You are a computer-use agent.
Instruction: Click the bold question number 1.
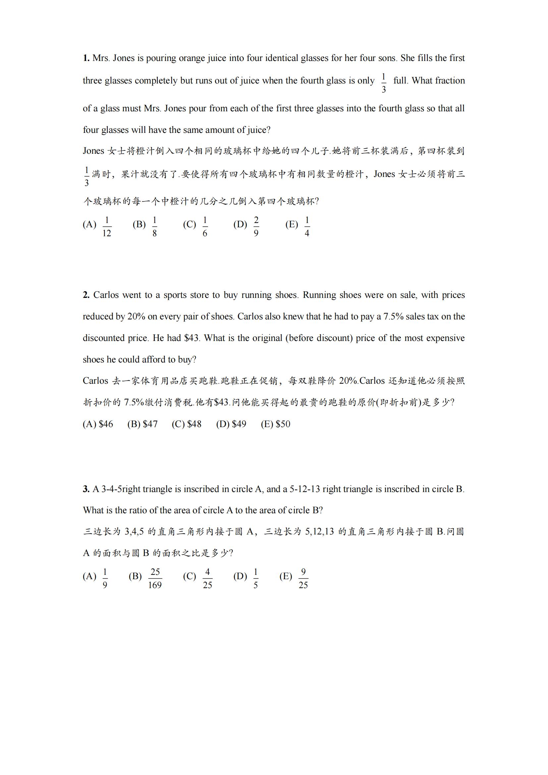pyautogui.click(x=86, y=58)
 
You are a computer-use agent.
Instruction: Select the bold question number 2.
pyautogui.click(x=86, y=295)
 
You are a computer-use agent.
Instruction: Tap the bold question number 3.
pyautogui.click(x=86, y=489)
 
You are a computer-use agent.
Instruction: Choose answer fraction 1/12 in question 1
pyautogui.click(x=107, y=227)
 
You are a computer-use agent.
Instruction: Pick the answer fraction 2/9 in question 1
pyautogui.click(x=256, y=227)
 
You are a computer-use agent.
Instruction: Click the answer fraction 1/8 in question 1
pyautogui.click(x=154, y=227)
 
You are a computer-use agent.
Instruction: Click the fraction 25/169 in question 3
pyautogui.click(x=155, y=578)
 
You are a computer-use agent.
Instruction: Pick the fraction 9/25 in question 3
pyautogui.click(x=303, y=578)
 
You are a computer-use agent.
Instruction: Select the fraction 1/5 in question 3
pyautogui.click(x=255, y=578)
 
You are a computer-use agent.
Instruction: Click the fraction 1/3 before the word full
pyautogui.click(x=383, y=83)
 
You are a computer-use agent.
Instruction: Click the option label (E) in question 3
pyautogui.click(x=286, y=576)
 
